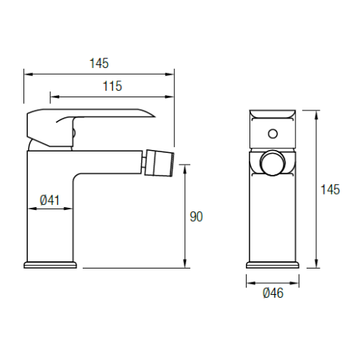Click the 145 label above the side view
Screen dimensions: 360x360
(x=99, y=63)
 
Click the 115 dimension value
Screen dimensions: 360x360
(x=112, y=86)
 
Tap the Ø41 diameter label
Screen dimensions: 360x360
(x=50, y=200)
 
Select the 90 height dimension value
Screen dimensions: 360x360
(x=196, y=217)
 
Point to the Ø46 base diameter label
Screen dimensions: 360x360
(x=273, y=293)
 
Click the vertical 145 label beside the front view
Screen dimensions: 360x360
(x=330, y=190)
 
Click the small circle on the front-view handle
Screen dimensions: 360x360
(x=273, y=134)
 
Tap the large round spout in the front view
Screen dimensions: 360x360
(x=273, y=162)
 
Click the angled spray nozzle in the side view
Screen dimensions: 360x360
(x=160, y=162)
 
